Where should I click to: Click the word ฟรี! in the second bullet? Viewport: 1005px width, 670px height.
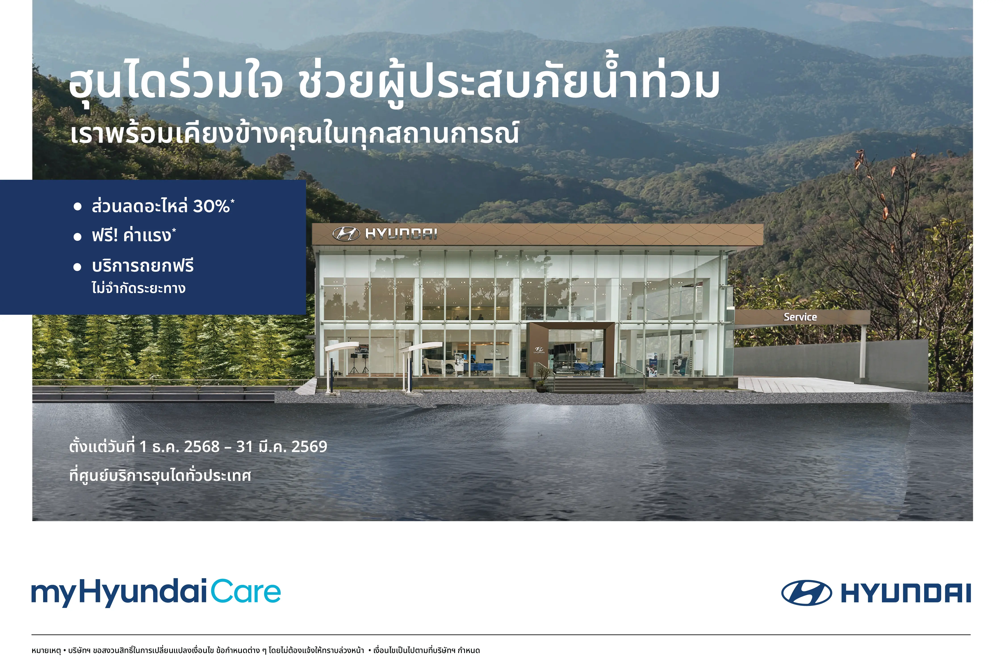tap(105, 235)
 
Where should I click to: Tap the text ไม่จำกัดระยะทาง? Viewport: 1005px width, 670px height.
tap(138, 288)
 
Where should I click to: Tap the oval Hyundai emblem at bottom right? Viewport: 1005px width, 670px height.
tap(806, 593)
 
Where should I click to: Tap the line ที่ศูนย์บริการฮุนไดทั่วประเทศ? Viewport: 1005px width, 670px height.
tap(160, 475)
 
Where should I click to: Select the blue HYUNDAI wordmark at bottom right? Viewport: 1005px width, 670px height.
tap(906, 593)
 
